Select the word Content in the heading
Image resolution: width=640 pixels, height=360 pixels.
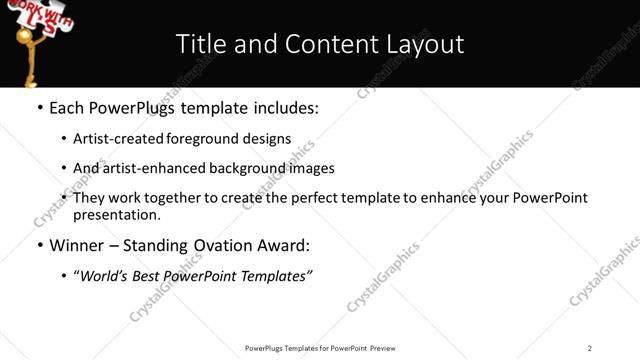tap(320, 44)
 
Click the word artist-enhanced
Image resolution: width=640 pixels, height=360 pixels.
tap(145, 168)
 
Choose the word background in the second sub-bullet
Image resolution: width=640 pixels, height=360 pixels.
tap(236, 168)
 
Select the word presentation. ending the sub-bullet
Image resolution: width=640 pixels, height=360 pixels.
tap(116, 214)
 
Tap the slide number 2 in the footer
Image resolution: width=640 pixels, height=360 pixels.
tap(590, 348)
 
